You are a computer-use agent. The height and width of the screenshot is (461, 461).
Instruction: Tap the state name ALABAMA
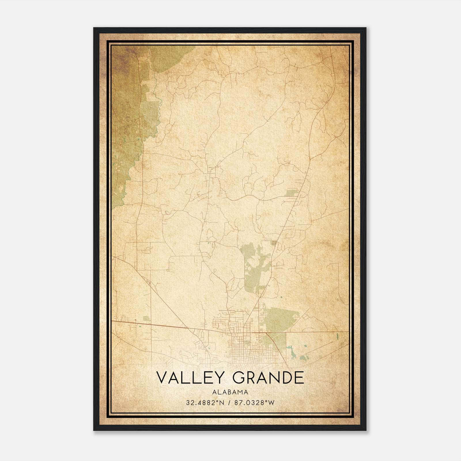[230, 392]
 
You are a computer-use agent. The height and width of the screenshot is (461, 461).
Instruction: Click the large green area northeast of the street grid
[278, 318]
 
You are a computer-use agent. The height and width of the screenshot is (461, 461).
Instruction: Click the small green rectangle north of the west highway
[147, 318]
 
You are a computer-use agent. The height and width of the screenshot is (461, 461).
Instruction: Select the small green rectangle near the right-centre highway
[292, 192]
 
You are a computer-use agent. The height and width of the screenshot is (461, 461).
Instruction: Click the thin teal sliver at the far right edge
[337, 335]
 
